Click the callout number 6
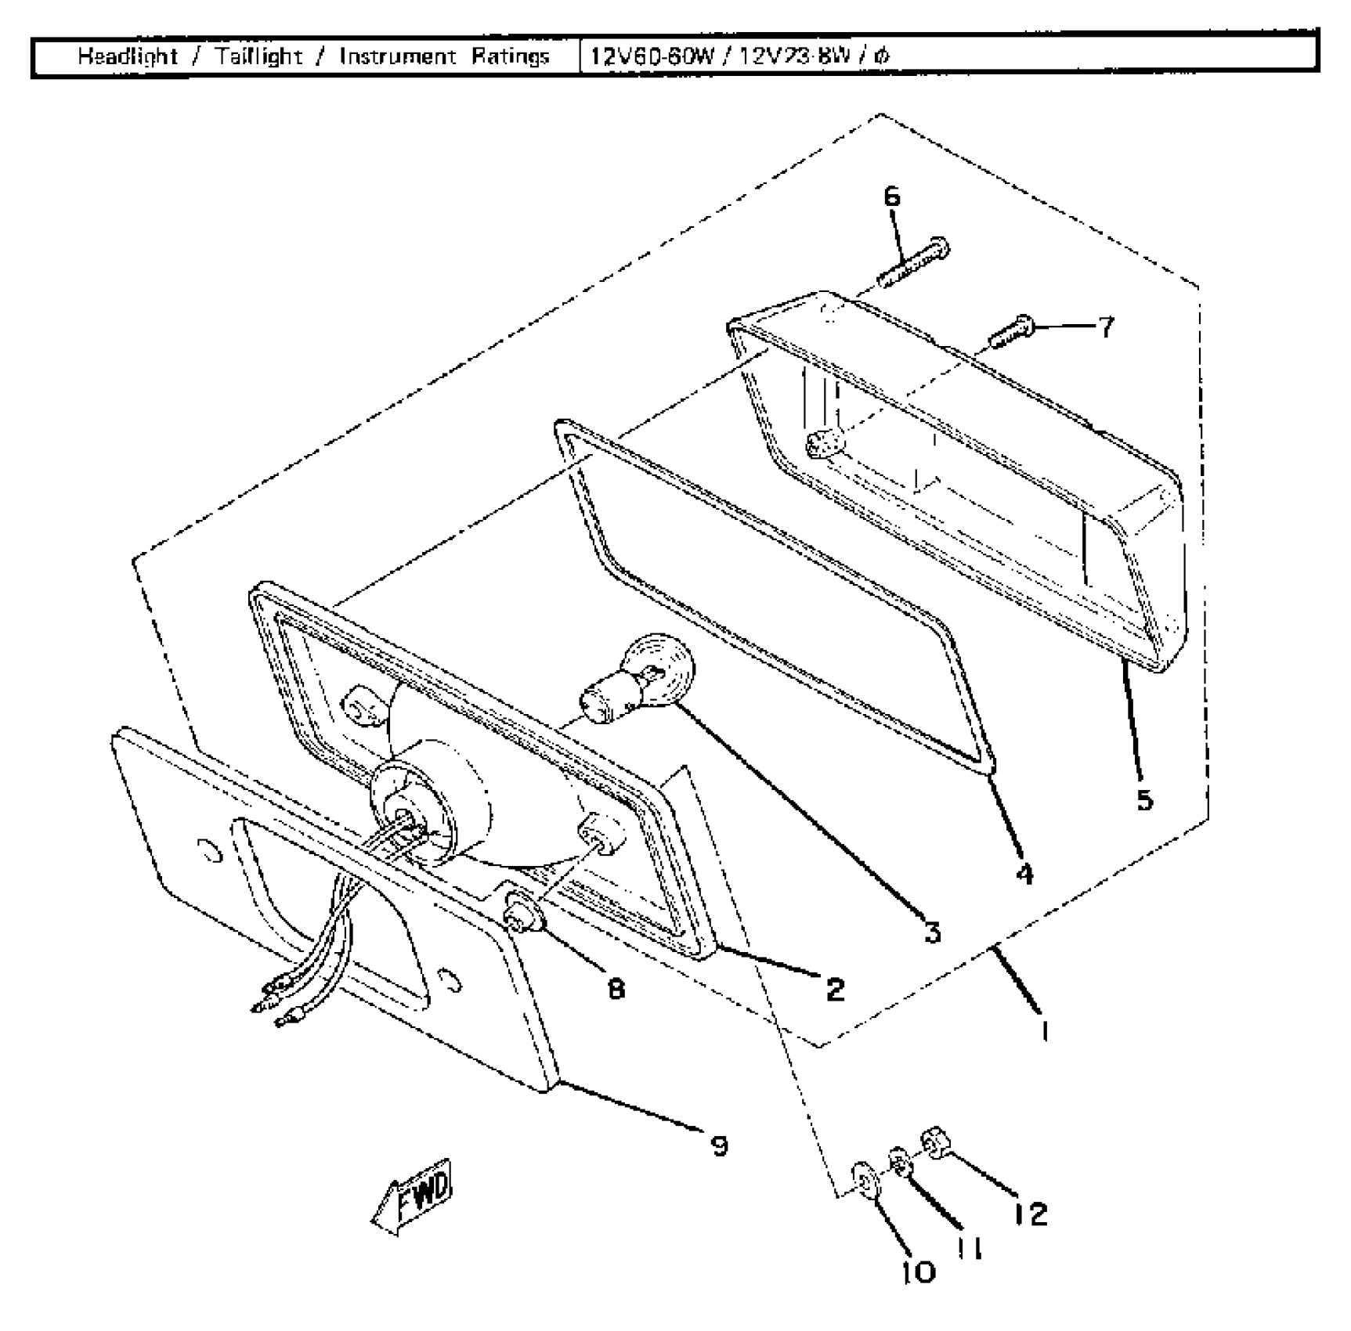[x=892, y=197]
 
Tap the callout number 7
[x=1106, y=327]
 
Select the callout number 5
[x=1144, y=800]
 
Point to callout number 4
[x=1024, y=874]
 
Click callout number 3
[x=932, y=932]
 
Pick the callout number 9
[x=719, y=1146]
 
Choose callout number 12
[x=1030, y=1214]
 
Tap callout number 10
[x=918, y=1272]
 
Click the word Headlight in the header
[x=128, y=56]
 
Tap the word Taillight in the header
[x=258, y=56]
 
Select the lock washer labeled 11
[x=899, y=1162]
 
